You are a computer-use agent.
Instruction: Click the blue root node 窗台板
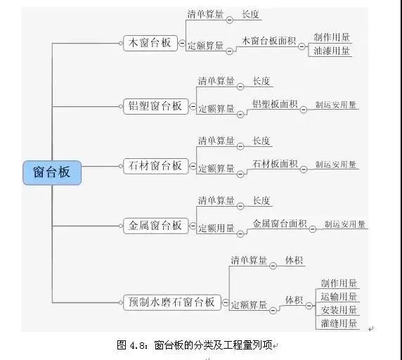point(52,172)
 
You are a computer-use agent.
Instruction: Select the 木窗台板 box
point(150,43)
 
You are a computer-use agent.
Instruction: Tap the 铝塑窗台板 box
point(155,106)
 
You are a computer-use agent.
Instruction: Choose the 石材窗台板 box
point(155,166)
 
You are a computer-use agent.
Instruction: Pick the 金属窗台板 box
point(155,226)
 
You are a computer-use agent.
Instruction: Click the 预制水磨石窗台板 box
point(171,302)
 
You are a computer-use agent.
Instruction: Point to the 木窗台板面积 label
point(268,41)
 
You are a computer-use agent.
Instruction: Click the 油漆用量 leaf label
point(332,51)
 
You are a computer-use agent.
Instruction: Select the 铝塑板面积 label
point(275,104)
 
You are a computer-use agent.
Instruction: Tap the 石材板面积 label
point(275,164)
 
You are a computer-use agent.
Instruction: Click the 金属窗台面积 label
point(280,224)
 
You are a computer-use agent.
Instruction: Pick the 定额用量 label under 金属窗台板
point(216,228)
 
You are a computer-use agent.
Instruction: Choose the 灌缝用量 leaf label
point(339,323)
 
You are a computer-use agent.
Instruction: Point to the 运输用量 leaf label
point(339,297)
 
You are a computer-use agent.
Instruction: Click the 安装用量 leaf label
point(339,310)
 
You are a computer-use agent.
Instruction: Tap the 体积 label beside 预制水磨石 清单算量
point(294,260)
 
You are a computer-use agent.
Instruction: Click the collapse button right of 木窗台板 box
point(182,43)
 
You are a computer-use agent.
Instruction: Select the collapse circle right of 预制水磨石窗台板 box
point(225,302)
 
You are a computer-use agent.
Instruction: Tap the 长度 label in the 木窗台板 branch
point(250,14)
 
